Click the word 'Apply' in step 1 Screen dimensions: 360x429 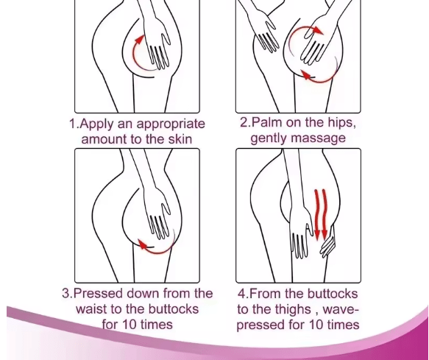tap(100, 124)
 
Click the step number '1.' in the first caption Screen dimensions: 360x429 tap(74, 124)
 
